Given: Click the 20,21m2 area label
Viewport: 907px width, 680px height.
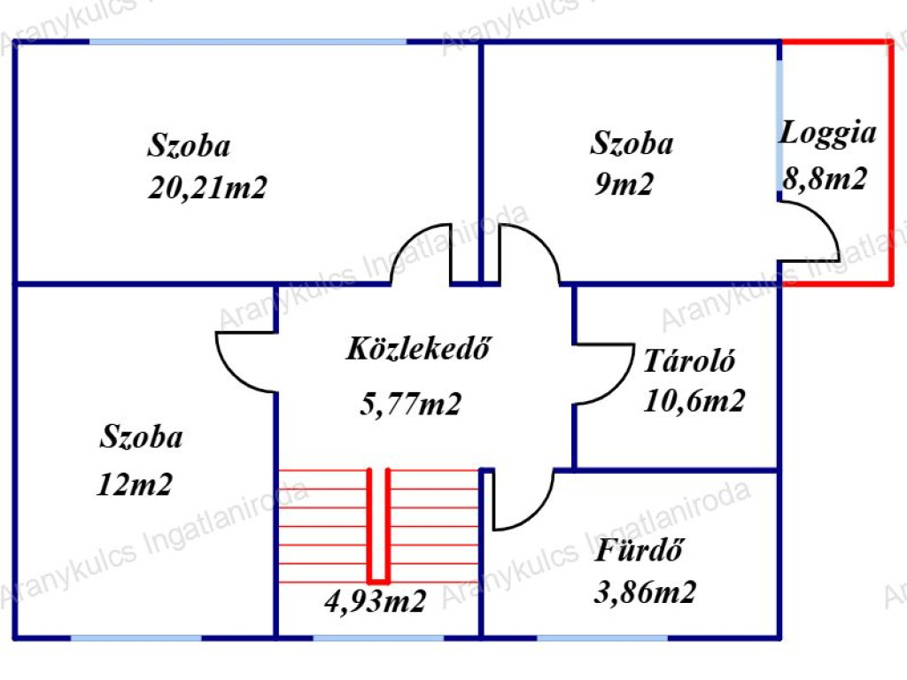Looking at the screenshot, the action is [x=207, y=189].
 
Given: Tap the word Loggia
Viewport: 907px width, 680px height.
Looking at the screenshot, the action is [x=827, y=134].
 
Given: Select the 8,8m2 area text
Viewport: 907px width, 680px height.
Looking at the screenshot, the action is [x=825, y=178].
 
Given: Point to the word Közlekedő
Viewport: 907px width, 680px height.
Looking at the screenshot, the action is [x=418, y=348].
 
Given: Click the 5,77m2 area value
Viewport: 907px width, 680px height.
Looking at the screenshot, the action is [x=410, y=403].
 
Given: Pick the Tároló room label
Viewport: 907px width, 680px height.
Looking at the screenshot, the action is [x=689, y=361].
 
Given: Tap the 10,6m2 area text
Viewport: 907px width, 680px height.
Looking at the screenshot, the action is [x=694, y=401].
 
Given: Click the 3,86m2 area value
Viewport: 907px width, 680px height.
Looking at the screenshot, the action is [x=645, y=592].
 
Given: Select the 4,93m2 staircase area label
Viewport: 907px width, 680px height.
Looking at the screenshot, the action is [x=376, y=601].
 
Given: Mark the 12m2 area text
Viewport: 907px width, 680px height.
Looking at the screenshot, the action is [x=135, y=484].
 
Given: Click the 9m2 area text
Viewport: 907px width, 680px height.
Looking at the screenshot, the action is [x=624, y=184].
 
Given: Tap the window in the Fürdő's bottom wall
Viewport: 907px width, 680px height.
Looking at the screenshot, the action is [x=602, y=637].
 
